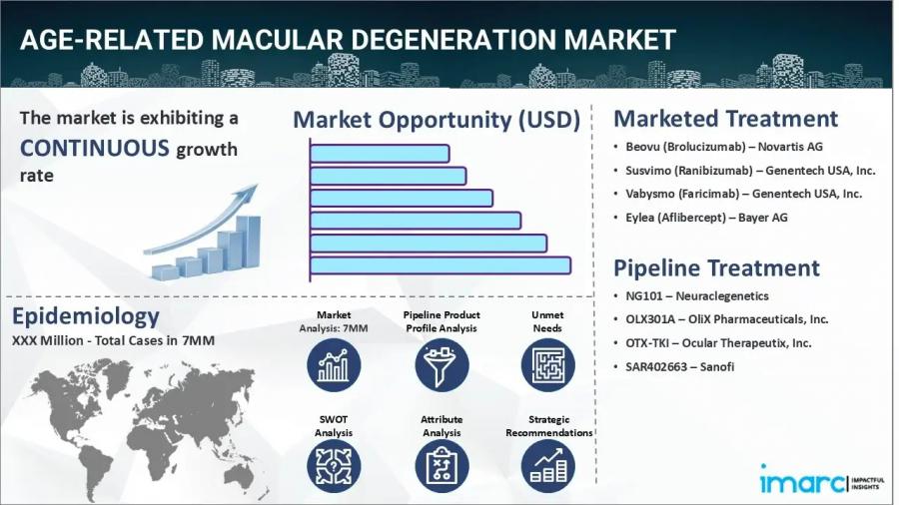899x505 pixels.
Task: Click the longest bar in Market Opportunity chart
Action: pos(440,264)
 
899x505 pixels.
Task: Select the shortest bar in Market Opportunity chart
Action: pos(380,154)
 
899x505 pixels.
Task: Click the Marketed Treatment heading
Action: pos(725,119)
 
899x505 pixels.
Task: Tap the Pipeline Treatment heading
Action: pos(716,268)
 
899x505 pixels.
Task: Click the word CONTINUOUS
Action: pos(95,149)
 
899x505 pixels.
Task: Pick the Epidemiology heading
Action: pos(86,316)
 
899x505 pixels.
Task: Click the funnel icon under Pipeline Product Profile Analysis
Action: pos(442,364)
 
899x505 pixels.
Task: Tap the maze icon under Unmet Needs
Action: pos(547,364)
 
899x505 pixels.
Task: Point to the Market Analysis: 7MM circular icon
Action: pos(333,364)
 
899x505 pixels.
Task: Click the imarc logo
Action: pos(799,482)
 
